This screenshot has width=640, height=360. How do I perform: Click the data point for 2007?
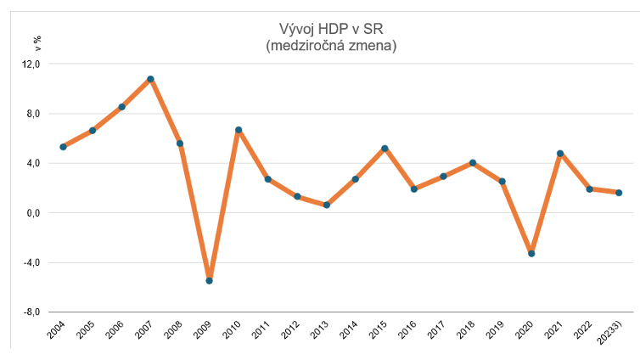pos(150,79)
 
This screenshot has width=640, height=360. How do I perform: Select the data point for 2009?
pos(209,280)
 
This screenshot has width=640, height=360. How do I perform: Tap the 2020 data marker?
pos(531,253)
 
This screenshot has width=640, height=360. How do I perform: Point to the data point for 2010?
pos(239,130)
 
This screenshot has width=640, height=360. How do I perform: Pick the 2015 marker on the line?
pos(385,149)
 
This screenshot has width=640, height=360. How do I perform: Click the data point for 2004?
pos(63,147)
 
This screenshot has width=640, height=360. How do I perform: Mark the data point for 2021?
pos(560,154)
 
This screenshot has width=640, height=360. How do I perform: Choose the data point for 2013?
pos(326,205)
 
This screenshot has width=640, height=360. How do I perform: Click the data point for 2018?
pos(473,163)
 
